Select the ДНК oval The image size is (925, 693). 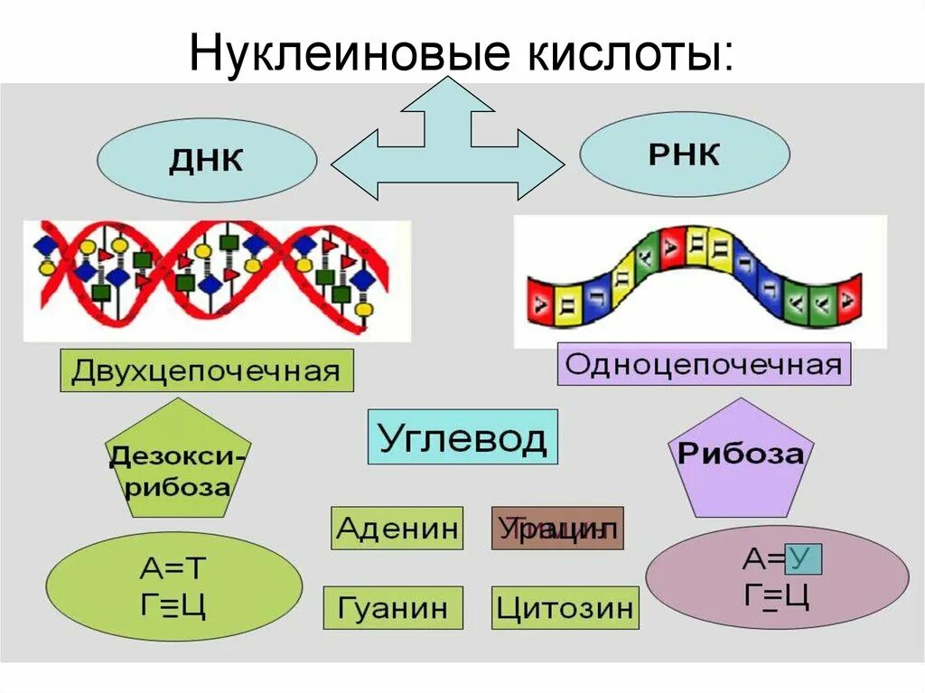[207, 161]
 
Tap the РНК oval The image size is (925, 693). [685, 155]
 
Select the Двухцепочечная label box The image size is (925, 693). [206, 371]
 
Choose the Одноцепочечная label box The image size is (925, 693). [704, 364]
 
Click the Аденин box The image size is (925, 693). [397, 528]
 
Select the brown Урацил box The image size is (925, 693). [557, 528]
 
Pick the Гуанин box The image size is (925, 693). [393, 607]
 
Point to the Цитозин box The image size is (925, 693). [565, 607]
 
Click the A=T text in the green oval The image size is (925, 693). [173, 567]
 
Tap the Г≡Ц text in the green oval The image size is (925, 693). [173, 604]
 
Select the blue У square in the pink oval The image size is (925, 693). [803, 558]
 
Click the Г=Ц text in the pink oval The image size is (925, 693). [776, 595]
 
